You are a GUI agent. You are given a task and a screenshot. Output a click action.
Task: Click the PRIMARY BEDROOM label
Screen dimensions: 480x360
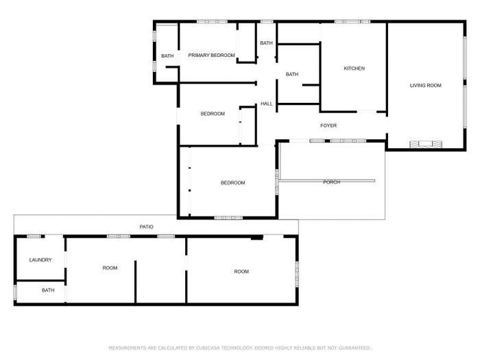[211, 56]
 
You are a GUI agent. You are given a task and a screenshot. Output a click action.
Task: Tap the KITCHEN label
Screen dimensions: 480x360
[355, 69]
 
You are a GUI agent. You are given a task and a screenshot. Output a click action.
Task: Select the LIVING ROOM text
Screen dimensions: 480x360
[426, 86]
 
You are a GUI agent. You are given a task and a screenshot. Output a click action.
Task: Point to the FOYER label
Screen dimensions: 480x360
[328, 125]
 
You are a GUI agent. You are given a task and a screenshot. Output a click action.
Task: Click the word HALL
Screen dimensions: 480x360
[266, 104]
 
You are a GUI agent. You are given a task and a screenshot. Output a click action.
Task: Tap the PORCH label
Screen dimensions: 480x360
[331, 182]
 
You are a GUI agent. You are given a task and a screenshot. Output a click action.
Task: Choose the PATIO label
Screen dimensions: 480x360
[146, 227]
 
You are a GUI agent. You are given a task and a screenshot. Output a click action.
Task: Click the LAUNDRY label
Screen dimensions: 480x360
[40, 260]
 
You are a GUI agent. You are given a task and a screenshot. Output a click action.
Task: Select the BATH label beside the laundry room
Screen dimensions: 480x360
[48, 290]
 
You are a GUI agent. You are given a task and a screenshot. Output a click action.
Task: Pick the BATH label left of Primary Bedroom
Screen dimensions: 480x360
[167, 56]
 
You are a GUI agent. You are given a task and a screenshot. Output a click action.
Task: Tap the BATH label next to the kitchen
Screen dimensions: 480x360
[292, 74]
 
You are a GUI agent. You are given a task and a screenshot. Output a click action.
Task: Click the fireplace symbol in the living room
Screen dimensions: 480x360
[426, 144]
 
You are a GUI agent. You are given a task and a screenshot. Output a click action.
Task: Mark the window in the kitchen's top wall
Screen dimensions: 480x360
[352, 22]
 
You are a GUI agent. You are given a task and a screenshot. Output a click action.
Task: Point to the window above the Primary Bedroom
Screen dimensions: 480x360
[212, 22]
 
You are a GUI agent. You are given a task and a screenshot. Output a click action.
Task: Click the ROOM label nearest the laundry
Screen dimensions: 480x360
[110, 268]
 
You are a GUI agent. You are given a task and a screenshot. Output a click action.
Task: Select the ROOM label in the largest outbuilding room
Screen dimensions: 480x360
[241, 272]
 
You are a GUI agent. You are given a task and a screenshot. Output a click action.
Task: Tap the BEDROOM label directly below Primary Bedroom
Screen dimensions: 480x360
[213, 114]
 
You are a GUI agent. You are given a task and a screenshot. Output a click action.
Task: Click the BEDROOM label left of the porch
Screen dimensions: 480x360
[233, 183]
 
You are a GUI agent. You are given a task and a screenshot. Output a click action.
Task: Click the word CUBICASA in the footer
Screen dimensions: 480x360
[208, 348]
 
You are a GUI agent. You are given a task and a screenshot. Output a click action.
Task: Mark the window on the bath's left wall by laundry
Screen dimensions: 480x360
[15, 292]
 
